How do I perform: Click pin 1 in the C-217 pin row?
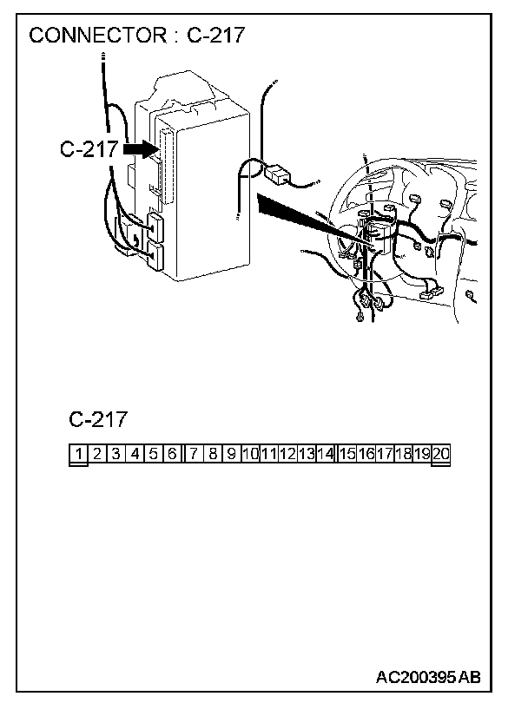pos(78,453)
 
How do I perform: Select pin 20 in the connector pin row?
pos(440,453)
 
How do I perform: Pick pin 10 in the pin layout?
pos(250,453)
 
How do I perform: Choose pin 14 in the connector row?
pos(325,453)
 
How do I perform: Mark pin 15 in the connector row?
pos(346,453)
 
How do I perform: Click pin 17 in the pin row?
pos(384,453)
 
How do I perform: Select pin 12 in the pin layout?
pos(287,453)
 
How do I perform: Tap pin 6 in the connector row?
pos(172,453)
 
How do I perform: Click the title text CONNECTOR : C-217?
pos(137,36)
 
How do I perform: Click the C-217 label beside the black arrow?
pos(88,149)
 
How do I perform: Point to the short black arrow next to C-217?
pos(138,149)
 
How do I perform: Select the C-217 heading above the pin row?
pos(97,420)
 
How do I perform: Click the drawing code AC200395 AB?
pos(428,676)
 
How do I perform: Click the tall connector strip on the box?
pos(167,161)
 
